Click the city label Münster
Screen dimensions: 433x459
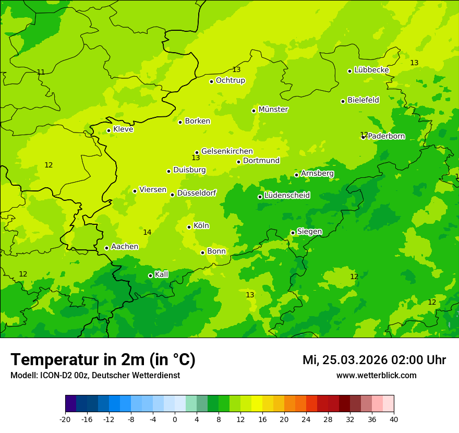coord(273,110)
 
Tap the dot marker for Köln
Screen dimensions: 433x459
coord(189,227)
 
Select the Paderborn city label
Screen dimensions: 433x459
coord(386,136)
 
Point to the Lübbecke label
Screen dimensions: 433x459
coord(371,70)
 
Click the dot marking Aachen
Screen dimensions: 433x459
coord(106,248)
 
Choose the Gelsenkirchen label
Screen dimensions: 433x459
coord(227,151)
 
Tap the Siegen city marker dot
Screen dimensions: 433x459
coord(293,233)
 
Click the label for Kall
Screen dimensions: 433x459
coord(162,274)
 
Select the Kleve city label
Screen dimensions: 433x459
coord(123,129)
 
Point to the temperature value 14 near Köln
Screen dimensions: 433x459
coord(147,232)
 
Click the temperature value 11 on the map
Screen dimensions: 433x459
coord(41,72)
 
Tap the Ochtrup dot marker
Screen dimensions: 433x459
coord(211,81)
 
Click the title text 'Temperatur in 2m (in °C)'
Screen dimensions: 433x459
coord(103,360)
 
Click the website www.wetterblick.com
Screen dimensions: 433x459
coord(376,376)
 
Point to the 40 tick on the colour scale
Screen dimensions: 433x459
coord(393,419)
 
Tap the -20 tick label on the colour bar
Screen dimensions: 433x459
coord(65,419)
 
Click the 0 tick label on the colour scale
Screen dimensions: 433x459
coord(175,419)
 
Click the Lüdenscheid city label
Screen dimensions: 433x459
coord(287,196)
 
